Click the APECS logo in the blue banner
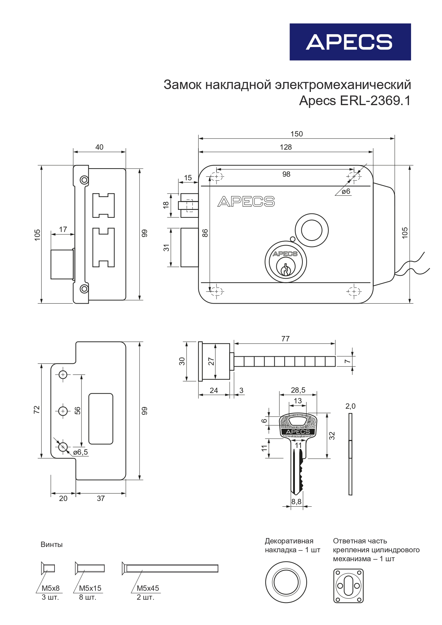(349, 42)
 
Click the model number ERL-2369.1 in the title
(375, 101)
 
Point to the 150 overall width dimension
(296, 134)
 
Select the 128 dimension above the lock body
(286, 147)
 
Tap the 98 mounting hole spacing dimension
(286, 174)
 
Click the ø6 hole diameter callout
(346, 192)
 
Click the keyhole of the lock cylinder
(285, 270)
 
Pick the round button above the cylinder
(312, 230)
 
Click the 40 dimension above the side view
(99, 147)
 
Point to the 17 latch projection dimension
(63, 229)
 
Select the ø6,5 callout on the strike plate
(80, 453)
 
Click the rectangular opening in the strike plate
(101, 419)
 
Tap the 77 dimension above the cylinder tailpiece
(285, 339)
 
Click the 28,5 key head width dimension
(298, 390)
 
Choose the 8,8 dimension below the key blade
(296, 502)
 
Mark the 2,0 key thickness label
(350, 406)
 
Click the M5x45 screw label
(148, 588)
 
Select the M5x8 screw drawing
(48, 568)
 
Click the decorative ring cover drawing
(286, 582)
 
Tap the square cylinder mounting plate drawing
(348, 586)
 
